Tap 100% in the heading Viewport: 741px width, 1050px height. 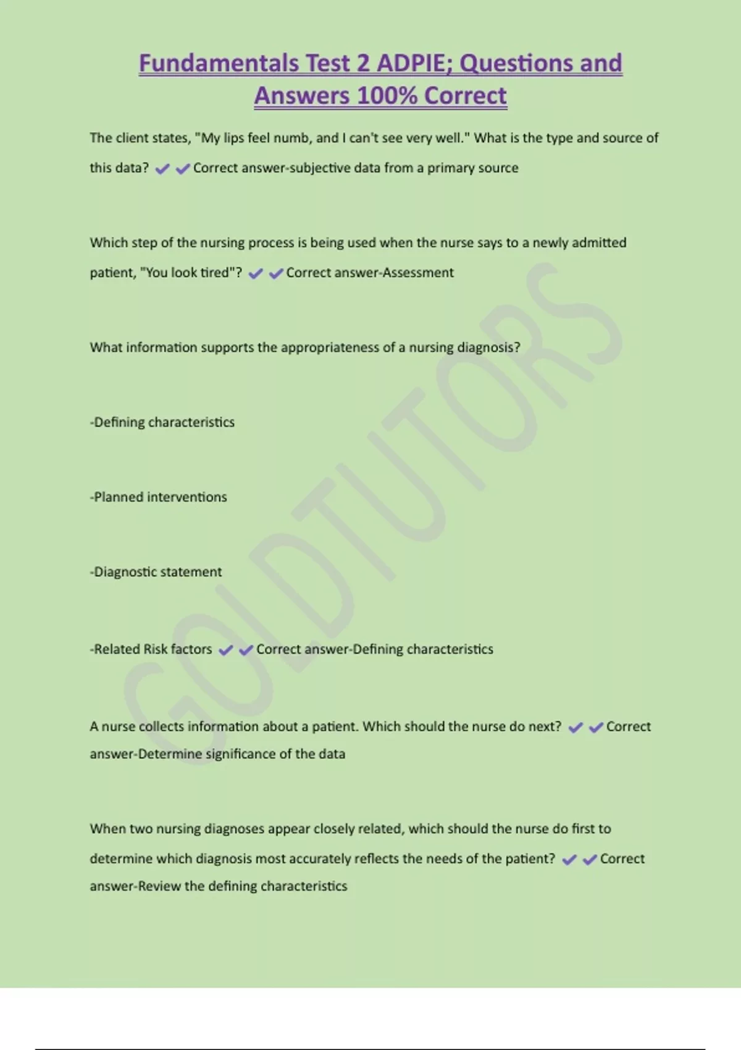click(x=387, y=96)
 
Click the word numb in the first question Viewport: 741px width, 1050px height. click(x=293, y=138)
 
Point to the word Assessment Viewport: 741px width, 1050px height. click(x=418, y=272)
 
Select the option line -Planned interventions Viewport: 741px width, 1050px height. click(x=159, y=497)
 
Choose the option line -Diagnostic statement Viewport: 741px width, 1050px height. click(x=156, y=572)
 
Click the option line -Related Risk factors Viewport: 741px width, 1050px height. click(x=151, y=649)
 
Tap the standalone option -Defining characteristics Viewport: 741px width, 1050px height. click(x=162, y=422)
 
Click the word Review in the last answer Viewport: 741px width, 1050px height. click(x=159, y=886)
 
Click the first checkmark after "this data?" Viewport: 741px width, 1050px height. click(x=162, y=169)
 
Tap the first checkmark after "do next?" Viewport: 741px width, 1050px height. click(x=576, y=728)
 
